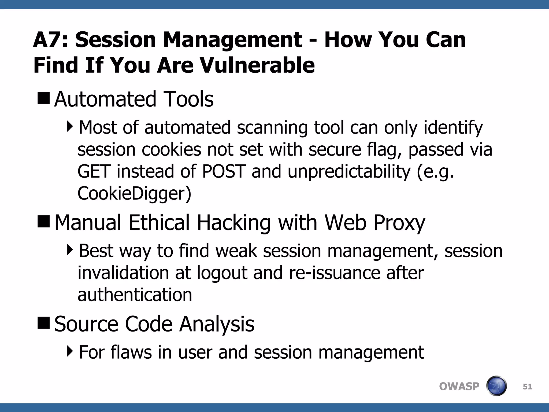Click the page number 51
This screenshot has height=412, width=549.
[x=527, y=387]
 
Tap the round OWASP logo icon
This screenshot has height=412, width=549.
[x=496, y=386]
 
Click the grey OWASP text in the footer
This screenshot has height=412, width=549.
[x=459, y=387]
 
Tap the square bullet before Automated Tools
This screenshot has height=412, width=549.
[x=44, y=98]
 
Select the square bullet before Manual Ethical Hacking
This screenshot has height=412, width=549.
[x=44, y=221]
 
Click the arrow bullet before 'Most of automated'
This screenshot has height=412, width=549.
[x=70, y=126]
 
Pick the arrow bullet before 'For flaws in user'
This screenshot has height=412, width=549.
[x=70, y=351]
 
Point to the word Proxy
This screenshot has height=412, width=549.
[x=399, y=223]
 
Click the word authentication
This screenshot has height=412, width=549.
[x=135, y=295]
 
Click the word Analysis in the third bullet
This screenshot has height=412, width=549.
[x=217, y=324]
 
